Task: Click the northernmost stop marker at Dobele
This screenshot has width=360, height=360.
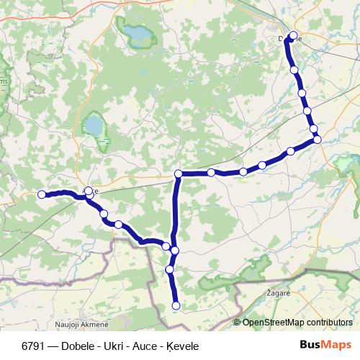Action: click(293, 36)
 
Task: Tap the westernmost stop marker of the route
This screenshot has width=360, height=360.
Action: click(42, 194)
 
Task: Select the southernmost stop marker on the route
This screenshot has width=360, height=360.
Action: click(176, 306)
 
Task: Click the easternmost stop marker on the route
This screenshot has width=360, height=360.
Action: click(318, 139)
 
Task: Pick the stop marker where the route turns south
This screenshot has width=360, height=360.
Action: click(179, 174)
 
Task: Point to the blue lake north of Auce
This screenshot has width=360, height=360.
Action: click(93, 127)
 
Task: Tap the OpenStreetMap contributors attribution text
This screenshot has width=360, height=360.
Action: click(301, 323)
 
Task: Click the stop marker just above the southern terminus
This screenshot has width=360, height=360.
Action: click(171, 269)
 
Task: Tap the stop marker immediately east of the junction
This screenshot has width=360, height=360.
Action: click(211, 173)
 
